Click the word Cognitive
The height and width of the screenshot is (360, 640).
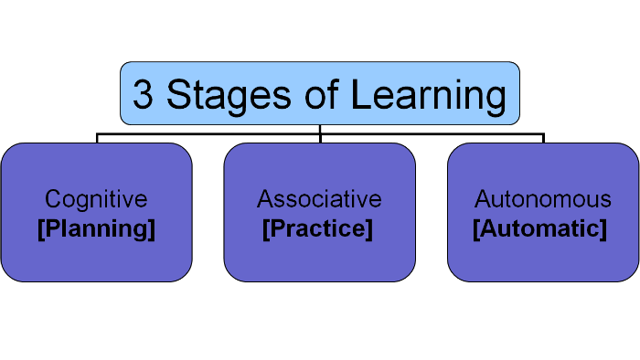(96, 199)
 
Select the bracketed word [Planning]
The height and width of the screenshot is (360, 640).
(96, 229)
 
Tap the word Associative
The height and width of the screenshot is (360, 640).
(319, 199)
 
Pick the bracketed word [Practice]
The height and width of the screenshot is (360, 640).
(317, 229)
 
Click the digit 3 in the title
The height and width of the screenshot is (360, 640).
(143, 95)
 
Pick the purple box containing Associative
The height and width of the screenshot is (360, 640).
(319, 260)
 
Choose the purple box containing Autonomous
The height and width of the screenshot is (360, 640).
(542, 260)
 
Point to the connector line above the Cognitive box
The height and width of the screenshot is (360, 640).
(97, 138)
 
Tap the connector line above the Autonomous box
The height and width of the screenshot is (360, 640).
(543, 138)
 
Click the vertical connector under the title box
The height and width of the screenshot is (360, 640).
(320, 129)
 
